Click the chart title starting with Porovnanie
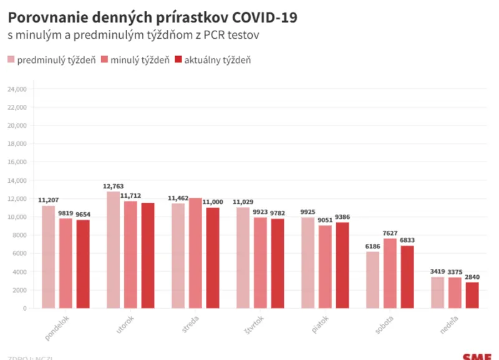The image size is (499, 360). coord(152,17)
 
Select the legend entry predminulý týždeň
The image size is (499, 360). coord(51,60)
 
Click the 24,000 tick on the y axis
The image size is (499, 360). coord(16,89)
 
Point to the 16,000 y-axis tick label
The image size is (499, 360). coord(16,162)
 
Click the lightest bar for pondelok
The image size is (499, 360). coord(49,256)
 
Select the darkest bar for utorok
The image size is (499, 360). coord(148,255)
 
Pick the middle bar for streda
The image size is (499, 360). coord(195,253)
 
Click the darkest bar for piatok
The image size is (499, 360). coord(342,265)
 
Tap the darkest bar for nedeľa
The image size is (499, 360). coord(472,295)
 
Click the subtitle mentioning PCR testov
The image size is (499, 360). coord(133,36)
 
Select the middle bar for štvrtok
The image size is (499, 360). coord(260,263)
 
